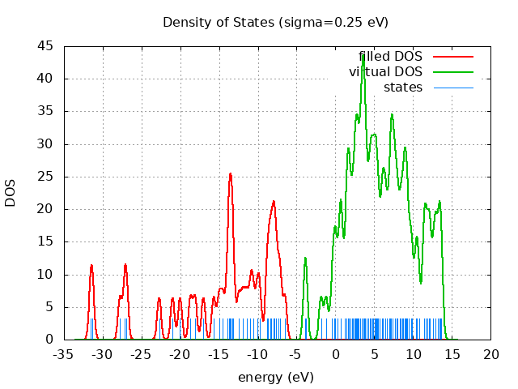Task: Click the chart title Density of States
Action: pyautogui.click(x=275, y=22)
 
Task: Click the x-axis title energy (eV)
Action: pyautogui.click(x=275, y=377)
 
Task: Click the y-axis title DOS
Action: pyautogui.click(x=11, y=193)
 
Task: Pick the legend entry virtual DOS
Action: pyautogui.click(x=385, y=72)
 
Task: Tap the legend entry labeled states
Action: pyautogui.click(x=403, y=87)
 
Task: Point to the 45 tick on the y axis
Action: pyautogui.click(x=46, y=46)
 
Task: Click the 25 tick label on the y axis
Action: pyautogui.click(x=46, y=177)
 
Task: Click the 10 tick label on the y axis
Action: pyautogui.click(x=46, y=275)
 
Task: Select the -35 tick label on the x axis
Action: pyautogui.click(x=64, y=355)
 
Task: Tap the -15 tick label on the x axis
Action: pyautogui.click(x=219, y=355)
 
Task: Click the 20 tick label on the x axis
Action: pyautogui.click(x=491, y=355)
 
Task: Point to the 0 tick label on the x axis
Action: pyautogui.click(x=336, y=355)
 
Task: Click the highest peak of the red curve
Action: pyautogui.click(x=230, y=173)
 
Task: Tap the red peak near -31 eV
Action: pyautogui.click(x=91, y=265)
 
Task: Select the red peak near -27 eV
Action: pyautogui.click(x=125, y=264)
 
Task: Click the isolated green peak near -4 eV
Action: pyautogui.click(x=305, y=258)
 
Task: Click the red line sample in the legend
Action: pyautogui.click(x=452, y=57)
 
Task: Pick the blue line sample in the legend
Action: pyautogui.click(x=452, y=87)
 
